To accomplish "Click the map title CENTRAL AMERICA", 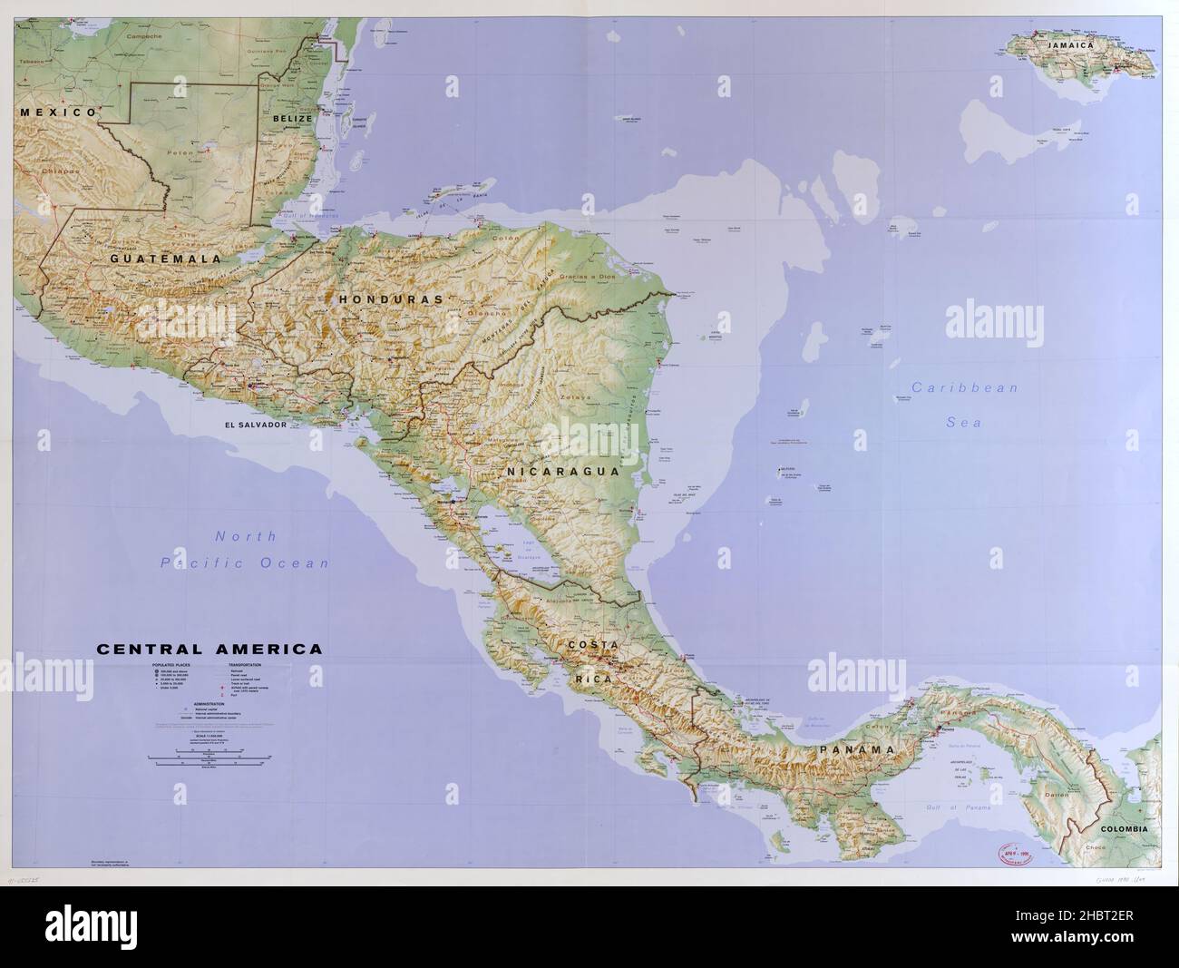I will (x=208, y=650).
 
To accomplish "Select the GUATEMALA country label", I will (x=166, y=259).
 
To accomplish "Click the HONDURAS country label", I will (x=391, y=298).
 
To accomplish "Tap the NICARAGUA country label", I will (x=562, y=472).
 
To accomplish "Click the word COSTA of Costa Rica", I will (x=593, y=645).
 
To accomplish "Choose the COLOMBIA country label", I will (x=1124, y=829).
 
